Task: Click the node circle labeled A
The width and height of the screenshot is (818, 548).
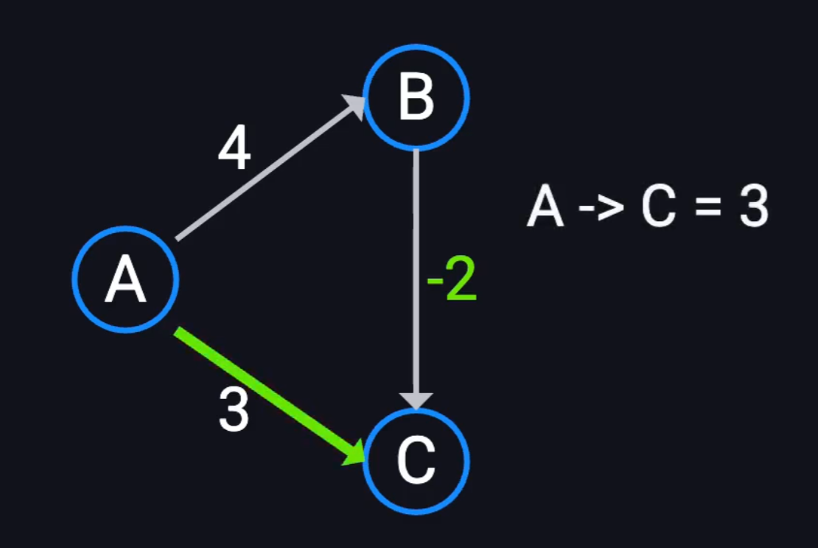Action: [x=126, y=279]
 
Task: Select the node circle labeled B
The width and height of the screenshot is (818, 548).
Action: [x=416, y=97]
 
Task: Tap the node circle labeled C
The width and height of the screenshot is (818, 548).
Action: [x=416, y=462]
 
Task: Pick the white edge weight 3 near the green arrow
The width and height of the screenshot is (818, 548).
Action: [x=234, y=410]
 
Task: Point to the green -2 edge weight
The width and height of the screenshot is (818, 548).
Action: [x=452, y=282]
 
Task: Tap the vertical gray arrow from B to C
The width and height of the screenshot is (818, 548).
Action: [x=416, y=273]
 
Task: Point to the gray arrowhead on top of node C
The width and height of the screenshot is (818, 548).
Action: [x=416, y=399]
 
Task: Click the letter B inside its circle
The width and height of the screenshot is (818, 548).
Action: [x=416, y=97]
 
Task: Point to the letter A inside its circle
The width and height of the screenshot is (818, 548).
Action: [x=125, y=281]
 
